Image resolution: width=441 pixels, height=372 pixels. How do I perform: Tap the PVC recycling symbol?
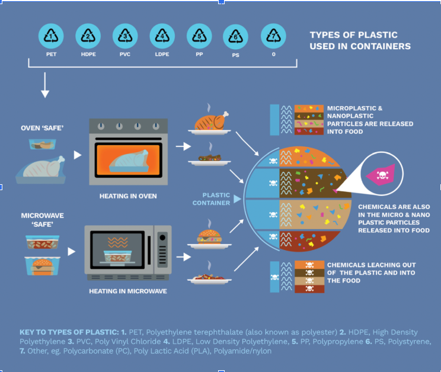tap(126, 37)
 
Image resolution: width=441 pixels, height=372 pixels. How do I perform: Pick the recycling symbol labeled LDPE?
tap(162, 37)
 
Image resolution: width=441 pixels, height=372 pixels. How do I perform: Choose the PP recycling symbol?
tap(200, 37)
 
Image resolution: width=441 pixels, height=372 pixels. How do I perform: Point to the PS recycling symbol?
tap(237, 37)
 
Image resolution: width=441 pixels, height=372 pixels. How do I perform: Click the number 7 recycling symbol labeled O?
tap(273, 37)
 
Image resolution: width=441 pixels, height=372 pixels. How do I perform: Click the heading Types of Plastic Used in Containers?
tap(360, 40)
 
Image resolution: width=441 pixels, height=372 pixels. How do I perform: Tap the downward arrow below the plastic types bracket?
tap(45, 89)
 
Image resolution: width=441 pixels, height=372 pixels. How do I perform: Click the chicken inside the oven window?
tap(133, 159)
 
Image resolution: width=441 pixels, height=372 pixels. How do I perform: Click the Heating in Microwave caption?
tap(128, 291)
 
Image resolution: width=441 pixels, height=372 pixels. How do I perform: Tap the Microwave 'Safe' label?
tap(42, 219)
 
